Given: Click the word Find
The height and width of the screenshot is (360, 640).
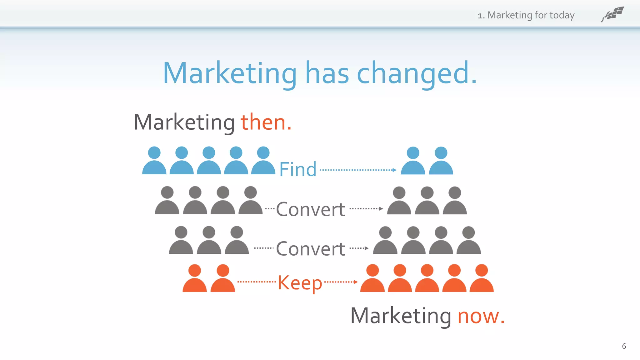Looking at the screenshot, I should pos(297,169).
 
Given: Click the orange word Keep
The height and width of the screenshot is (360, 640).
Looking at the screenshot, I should pos(300,283).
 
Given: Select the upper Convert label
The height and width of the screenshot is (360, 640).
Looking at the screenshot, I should pos(310,209).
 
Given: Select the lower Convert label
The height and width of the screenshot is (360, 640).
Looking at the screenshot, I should pos(310,249).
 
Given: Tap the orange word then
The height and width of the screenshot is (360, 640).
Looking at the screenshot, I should pos(266,122).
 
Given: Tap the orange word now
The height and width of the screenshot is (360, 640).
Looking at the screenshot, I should pos(481,316).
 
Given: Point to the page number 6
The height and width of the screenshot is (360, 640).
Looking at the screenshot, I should pos(624,346).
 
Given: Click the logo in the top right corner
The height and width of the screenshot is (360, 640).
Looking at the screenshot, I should pos(612,14).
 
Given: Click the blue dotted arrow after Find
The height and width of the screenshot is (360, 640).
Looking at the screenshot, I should pos(358,170).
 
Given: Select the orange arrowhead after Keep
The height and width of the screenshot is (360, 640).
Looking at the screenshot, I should pos(356,282).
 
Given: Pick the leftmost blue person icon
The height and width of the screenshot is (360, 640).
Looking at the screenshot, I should pos(154,161).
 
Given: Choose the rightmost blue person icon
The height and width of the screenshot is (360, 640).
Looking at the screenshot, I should pos(441,161).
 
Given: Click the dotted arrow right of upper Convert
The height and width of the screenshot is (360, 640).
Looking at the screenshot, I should pos(366,208).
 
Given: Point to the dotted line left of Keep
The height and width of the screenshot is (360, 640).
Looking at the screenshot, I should pos(256,282).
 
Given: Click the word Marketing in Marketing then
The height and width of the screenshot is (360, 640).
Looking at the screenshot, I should pos(184,122).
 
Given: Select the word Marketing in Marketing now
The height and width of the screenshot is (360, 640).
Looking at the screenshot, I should pos(401,316).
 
